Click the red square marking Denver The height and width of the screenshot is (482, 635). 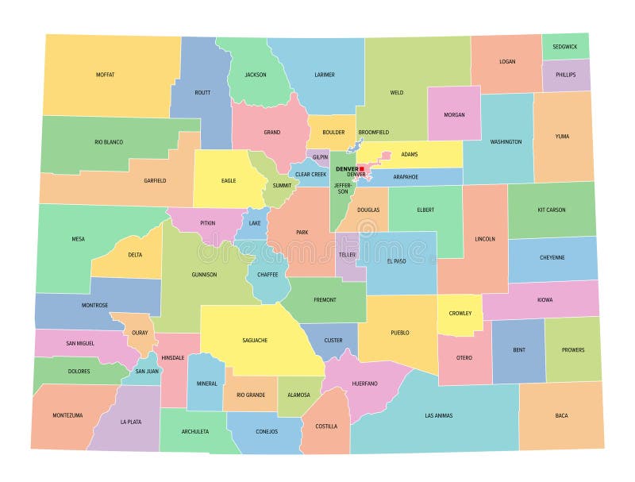[x=361, y=168]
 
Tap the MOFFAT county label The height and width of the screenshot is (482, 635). [x=106, y=75]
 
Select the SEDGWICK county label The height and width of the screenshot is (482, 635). [x=566, y=47]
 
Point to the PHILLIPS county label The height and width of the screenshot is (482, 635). [x=566, y=75]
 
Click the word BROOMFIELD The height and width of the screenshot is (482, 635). [x=373, y=132]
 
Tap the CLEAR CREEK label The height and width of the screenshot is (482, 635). [x=310, y=174]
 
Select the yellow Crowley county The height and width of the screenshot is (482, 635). [x=460, y=314]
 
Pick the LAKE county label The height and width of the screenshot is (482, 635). [x=255, y=223]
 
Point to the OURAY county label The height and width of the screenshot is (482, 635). [x=140, y=333]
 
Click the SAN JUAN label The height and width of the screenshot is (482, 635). [x=147, y=371]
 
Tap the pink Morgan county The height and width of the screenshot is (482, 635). [x=454, y=114]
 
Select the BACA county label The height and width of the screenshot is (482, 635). [x=561, y=415]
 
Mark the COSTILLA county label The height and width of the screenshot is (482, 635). [x=326, y=426]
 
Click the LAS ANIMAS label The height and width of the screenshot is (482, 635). [x=439, y=415]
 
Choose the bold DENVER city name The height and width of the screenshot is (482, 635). [x=347, y=168]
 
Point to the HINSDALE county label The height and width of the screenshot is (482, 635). [x=173, y=357]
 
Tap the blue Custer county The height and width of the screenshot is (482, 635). [x=333, y=341]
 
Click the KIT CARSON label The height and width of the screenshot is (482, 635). [x=552, y=210]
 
